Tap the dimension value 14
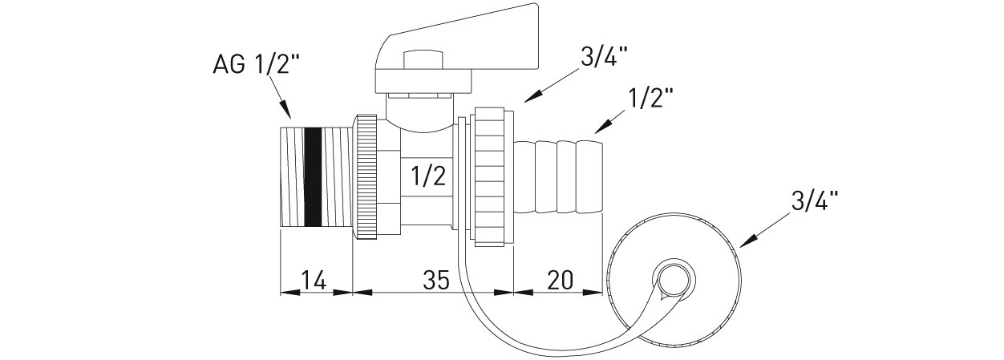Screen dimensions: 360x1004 [313, 280]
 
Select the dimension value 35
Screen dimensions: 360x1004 [435, 280]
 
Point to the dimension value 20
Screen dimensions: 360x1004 [559, 280]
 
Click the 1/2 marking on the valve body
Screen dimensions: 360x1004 [427, 176]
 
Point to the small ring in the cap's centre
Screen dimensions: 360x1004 [670, 281]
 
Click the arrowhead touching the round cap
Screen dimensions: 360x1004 [743, 243]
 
